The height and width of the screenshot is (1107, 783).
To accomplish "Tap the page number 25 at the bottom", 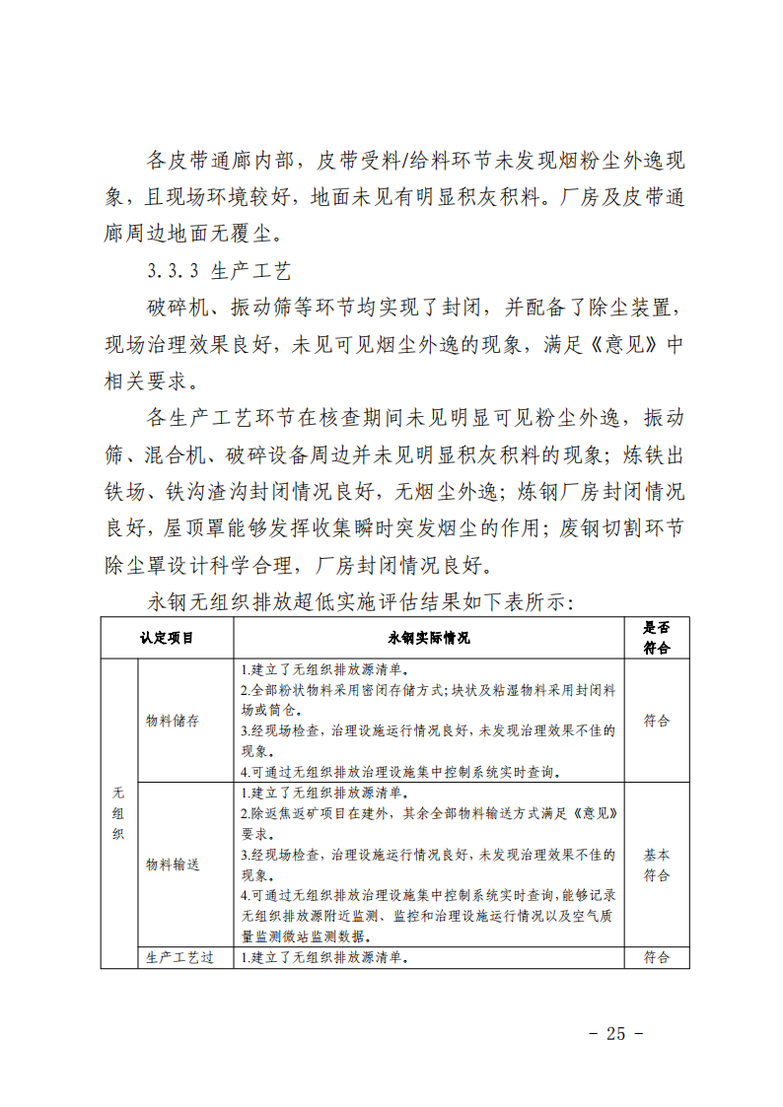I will coord(616,1033).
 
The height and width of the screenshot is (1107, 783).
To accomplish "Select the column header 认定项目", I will coord(167,638).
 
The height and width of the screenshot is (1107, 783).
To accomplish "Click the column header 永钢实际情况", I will coord(429,638).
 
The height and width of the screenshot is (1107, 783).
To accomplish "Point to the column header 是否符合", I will coord(657,638).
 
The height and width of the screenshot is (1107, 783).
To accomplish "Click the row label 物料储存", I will coord(173,721).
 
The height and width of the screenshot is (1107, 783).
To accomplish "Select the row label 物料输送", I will coord(173,865).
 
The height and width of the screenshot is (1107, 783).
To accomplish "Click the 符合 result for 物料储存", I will coord(657,721).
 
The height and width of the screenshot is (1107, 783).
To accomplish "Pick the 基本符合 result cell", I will coord(657,865).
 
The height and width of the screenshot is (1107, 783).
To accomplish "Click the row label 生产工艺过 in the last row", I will coord(179,957).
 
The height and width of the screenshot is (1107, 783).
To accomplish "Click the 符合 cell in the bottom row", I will coord(657,957).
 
